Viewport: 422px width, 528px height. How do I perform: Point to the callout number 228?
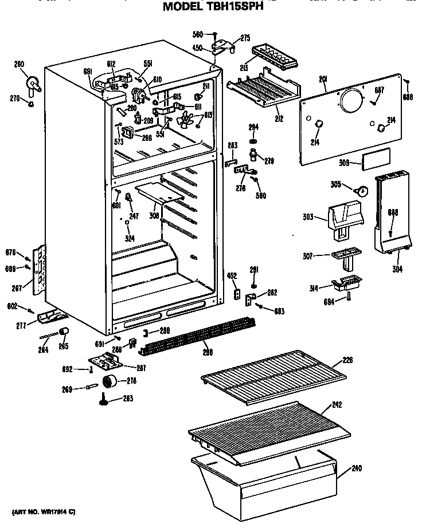347,360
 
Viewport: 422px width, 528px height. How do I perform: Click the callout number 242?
337,405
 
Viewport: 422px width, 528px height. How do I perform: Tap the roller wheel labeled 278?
108,382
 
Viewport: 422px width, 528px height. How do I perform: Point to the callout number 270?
14,98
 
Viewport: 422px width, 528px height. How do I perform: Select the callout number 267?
17,289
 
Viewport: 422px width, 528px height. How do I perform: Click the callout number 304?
397,269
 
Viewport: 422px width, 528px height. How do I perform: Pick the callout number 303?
307,217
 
